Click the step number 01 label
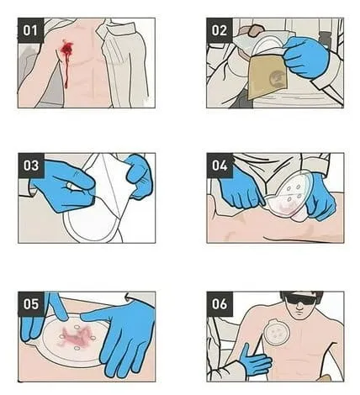coord(30,30)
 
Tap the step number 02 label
coord(220,30)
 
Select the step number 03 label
coord(31,166)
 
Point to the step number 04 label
coord(220,166)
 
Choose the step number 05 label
coord(31,304)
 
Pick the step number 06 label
coord(220,304)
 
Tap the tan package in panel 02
coord(267,76)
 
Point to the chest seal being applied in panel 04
coord(289,196)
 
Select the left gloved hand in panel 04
coord(241,187)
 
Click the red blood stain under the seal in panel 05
coord(76,336)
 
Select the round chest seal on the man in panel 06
coord(277,332)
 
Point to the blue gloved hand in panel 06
coord(254,361)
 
